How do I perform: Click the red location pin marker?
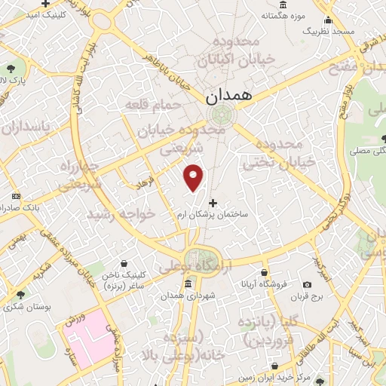pos(195,178)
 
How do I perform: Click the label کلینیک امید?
pos(39,14)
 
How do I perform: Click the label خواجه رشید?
pos(121,215)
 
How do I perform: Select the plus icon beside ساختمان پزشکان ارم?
pos(213,202)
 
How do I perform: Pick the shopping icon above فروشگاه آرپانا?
pos(264,273)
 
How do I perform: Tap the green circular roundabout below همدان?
pos(222,115)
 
